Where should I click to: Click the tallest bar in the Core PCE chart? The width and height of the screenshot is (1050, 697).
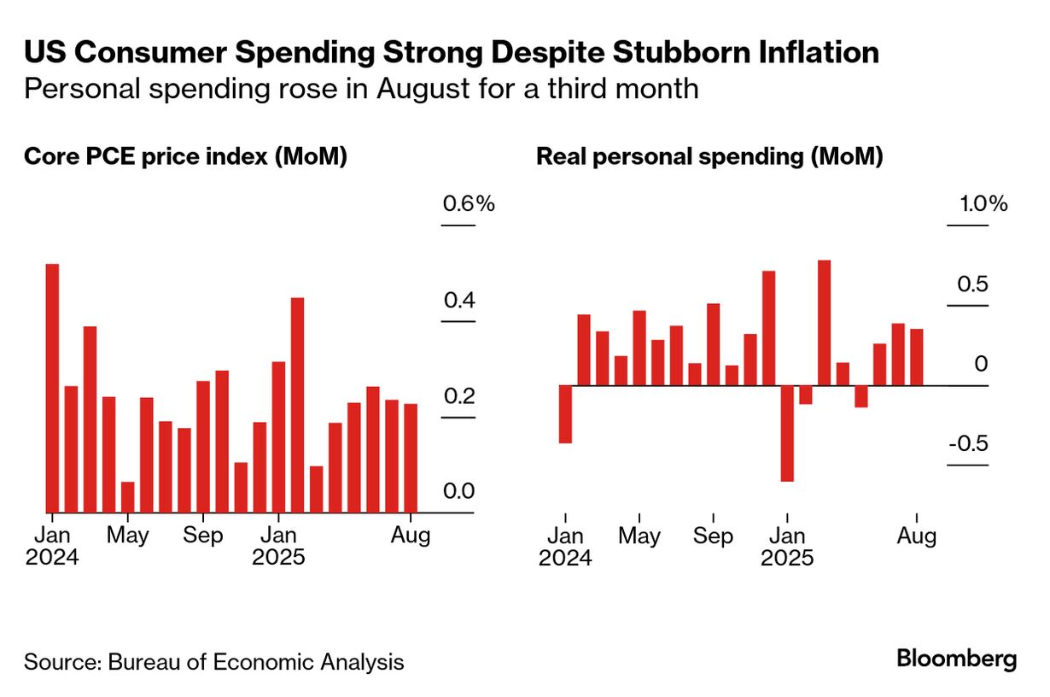(x=52, y=388)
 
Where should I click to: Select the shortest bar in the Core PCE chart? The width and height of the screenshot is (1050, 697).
(x=127, y=497)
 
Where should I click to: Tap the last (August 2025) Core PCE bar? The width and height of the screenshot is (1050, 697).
(x=411, y=458)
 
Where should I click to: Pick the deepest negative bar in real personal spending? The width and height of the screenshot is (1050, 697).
(x=787, y=433)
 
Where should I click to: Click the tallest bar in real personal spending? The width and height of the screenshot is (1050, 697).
(x=824, y=323)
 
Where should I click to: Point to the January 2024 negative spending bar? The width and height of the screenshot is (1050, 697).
(x=564, y=414)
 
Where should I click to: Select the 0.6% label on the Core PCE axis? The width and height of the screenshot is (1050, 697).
(x=468, y=205)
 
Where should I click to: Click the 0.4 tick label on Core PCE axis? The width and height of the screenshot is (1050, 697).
(x=458, y=301)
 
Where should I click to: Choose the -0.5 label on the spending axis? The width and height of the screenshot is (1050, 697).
(x=968, y=445)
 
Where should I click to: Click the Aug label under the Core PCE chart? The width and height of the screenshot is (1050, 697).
(x=411, y=536)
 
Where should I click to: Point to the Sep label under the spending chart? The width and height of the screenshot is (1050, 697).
(x=713, y=536)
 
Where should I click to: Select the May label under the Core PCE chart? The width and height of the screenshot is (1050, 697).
(x=128, y=536)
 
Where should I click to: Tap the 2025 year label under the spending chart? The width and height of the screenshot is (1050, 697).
(x=787, y=559)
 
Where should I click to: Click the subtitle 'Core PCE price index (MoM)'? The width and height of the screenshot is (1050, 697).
(x=185, y=157)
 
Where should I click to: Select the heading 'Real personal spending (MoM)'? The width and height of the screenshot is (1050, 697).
(x=709, y=157)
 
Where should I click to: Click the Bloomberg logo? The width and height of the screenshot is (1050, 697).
(x=956, y=659)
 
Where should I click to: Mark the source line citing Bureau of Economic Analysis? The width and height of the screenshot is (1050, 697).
(x=213, y=662)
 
